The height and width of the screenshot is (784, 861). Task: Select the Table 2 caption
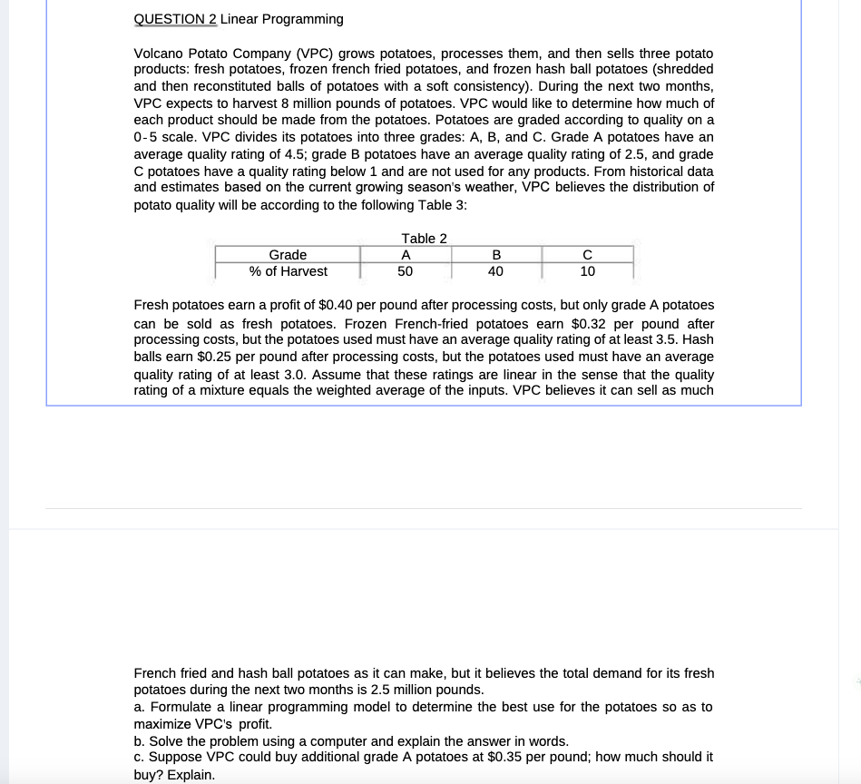424,238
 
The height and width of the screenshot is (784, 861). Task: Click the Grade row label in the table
288,255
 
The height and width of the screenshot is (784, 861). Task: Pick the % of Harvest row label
288,271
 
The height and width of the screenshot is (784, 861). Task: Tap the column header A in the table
406,255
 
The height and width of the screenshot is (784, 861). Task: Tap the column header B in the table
496,255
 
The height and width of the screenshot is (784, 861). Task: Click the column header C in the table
587,255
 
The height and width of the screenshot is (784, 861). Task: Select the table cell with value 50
406,271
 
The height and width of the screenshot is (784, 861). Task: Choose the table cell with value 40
496,271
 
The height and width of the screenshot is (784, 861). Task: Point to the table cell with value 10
587,271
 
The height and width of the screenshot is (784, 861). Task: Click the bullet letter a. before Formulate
139,707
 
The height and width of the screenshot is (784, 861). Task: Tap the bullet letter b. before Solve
139,740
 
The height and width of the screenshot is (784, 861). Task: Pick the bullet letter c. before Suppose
138,757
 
